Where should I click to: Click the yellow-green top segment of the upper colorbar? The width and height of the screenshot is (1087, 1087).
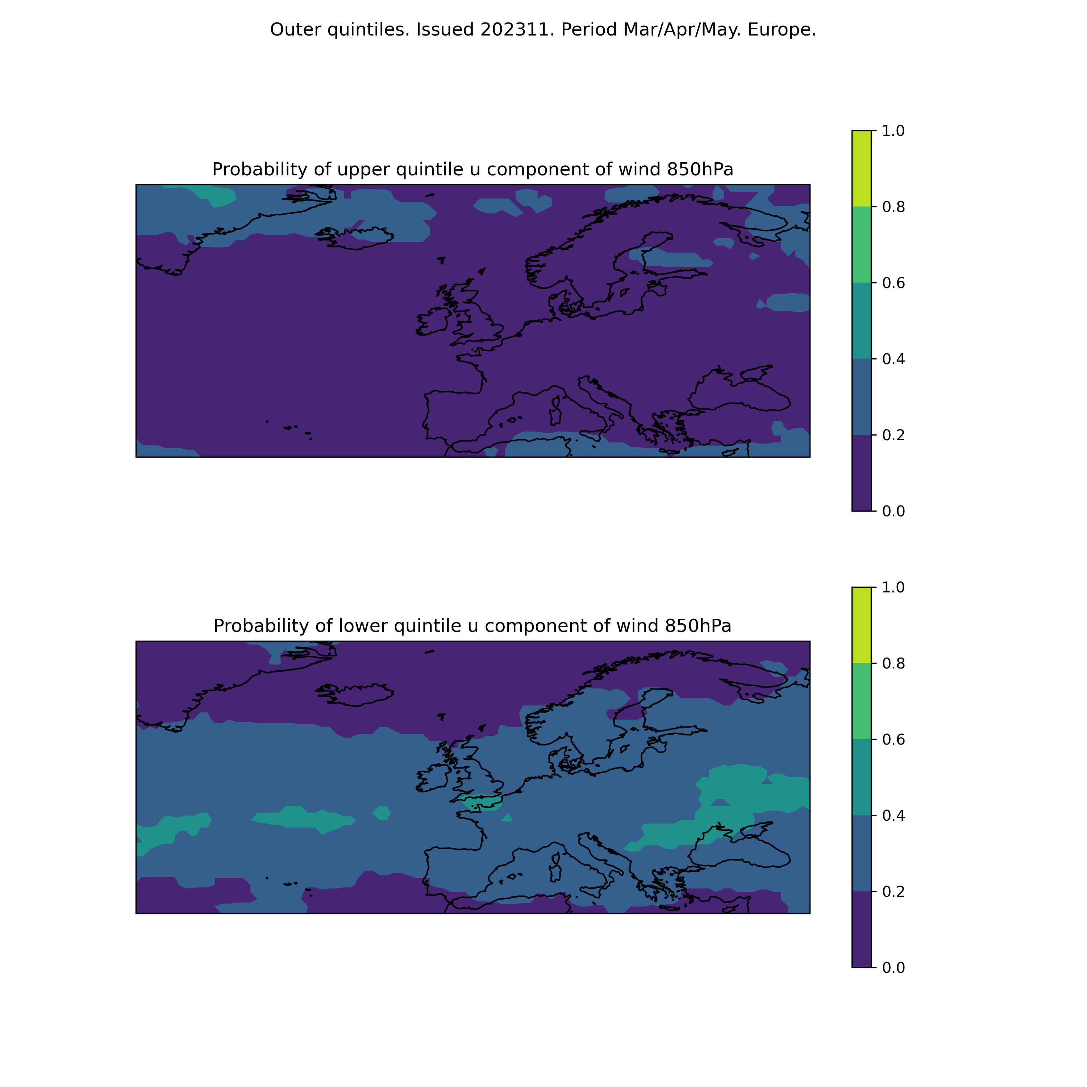861,169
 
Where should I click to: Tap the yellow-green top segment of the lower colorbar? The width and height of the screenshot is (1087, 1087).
861,625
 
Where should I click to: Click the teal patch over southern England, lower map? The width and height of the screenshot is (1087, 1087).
481,802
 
